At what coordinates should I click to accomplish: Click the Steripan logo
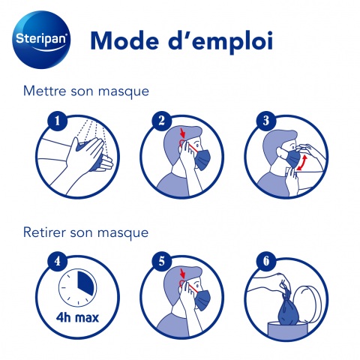tap(41, 40)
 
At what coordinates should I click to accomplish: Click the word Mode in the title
tap(124, 40)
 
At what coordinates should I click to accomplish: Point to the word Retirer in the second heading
tap(44, 232)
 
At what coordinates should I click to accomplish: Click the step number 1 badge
tap(58, 121)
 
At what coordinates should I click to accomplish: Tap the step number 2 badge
tap(162, 121)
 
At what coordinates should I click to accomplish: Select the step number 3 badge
tap(266, 121)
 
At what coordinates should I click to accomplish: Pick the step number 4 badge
tap(58, 262)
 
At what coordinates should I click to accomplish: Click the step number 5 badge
tap(162, 262)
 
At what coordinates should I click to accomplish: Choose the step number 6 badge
tap(266, 262)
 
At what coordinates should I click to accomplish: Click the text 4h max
tap(77, 318)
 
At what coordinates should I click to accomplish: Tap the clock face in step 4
tap(77, 288)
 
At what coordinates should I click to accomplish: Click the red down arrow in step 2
tap(184, 133)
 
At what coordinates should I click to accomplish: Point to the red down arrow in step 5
tap(184, 273)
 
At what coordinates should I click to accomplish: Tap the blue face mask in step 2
tap(202, 160)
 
